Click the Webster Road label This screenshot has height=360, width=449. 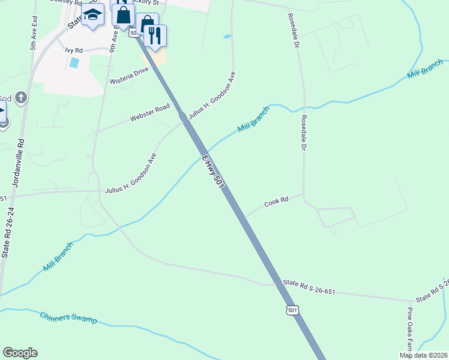click(x=150, y=115)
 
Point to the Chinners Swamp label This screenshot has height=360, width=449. click(x=68, y=318)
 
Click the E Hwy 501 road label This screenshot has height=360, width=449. click(x=213, y=172)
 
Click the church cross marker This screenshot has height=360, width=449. click(x=20, y=97)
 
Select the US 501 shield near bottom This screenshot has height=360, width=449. click(x=292, y=310)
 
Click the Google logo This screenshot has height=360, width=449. click(x=20, y=353)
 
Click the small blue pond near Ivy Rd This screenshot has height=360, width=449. click(x=74, y=62)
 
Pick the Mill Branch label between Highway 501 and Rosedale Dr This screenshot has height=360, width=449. click(x=254, y=120)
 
